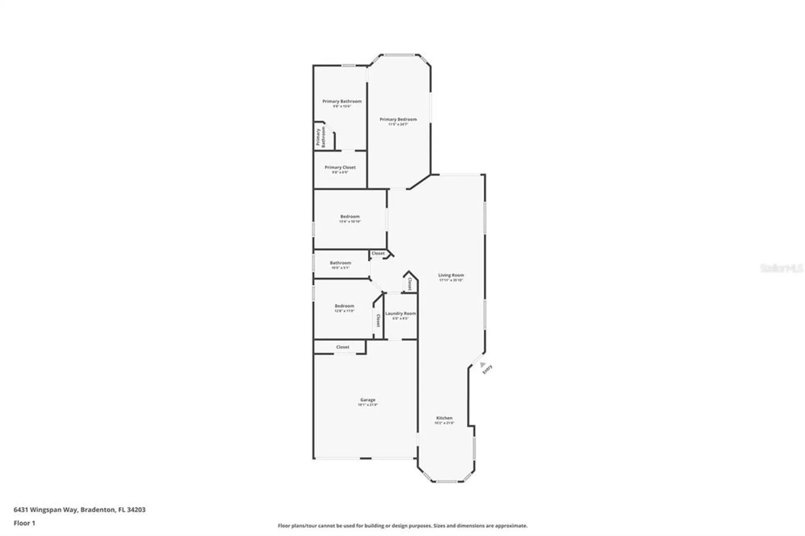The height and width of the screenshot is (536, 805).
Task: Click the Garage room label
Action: (x=367, y=400)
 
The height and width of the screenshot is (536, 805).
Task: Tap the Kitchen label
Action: (x=444, y=418)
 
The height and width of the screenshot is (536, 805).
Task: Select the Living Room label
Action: (x=451, y=275)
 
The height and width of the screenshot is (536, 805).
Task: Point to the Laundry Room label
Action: (x=400, y=313)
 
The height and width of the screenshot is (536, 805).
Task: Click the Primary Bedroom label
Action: (x=398, y=120)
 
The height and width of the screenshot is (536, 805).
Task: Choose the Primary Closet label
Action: (x=340, y=167)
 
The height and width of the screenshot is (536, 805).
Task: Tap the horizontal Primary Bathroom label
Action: (x=342, y=101)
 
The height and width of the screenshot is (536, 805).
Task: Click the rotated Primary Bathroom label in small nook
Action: (x=320, y=137)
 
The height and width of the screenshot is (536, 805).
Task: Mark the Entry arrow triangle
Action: (x=482, y=365)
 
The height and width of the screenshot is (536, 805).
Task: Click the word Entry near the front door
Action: (x=487, y=369)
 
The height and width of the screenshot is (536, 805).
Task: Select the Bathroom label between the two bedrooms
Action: (x=341, y=263)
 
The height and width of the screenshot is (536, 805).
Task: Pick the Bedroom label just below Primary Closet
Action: (x=350, y=216)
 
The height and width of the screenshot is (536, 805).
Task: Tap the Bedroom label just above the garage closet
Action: (x=345, y=306)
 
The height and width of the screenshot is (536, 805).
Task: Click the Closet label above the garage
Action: (x=343, y=347)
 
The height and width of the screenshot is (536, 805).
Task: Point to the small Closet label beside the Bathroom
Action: (x=378, y=254)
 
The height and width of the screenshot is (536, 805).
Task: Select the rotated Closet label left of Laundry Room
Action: (x=378, y=320)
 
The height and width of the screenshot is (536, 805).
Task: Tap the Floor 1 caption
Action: (x=24, y=523)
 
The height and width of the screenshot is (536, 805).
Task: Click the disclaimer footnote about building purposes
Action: (x=402, y=526)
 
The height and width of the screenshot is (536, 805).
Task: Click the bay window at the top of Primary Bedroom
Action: (x=398, y=55)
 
